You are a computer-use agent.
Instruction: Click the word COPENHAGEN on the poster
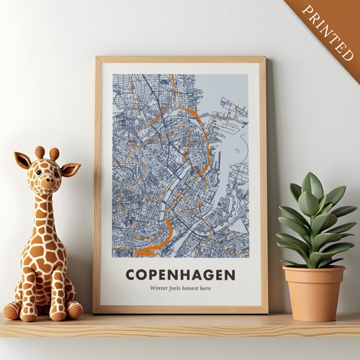pyautogui.click(x=180, y=275)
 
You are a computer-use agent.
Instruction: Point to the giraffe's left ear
pyautogui.click(x=22, y=161)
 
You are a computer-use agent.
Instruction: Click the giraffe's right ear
pyautogui.click(x=70, y=169)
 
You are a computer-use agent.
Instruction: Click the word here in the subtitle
pyautogui.click(x=205, y=288)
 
